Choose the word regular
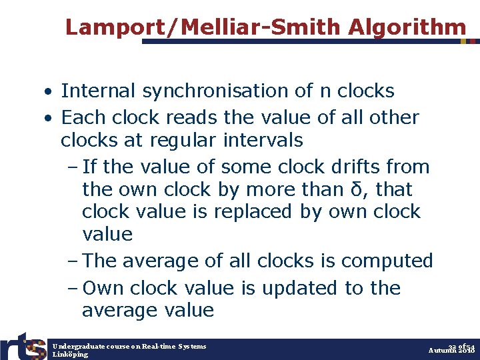(x=186, y=141)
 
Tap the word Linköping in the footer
(x=70, y=355)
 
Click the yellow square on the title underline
(x=464, y=41)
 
